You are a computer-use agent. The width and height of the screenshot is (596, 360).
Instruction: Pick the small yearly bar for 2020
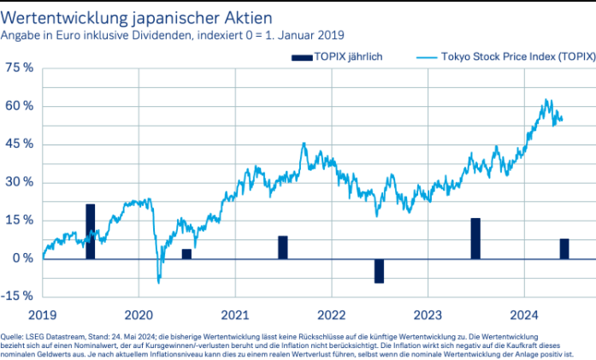click(186, 253)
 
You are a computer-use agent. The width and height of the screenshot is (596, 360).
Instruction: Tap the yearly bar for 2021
click(283, 247)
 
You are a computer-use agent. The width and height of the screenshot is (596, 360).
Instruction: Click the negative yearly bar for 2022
click(379, 270)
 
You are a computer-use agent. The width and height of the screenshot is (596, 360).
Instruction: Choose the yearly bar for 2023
click(475, 238)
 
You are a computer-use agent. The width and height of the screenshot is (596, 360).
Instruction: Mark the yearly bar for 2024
click(564, 248)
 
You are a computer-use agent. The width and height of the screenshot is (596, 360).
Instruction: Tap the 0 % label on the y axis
click(22, 258)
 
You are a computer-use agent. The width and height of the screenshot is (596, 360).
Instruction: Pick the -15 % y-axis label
click(18, 297)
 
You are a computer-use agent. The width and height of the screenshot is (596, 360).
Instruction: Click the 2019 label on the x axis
click(43, 313)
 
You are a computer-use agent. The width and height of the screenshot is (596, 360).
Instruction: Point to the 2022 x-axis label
click(331, 313)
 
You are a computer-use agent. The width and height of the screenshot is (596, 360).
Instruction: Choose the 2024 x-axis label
click(523, 313)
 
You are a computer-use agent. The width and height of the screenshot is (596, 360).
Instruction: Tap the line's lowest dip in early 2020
click(158, 281)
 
